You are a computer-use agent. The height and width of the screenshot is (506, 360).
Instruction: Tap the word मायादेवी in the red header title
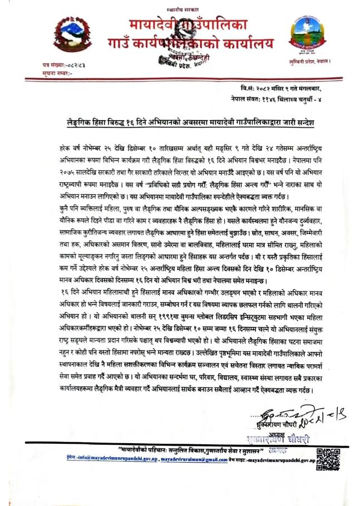tap(149, 26)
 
